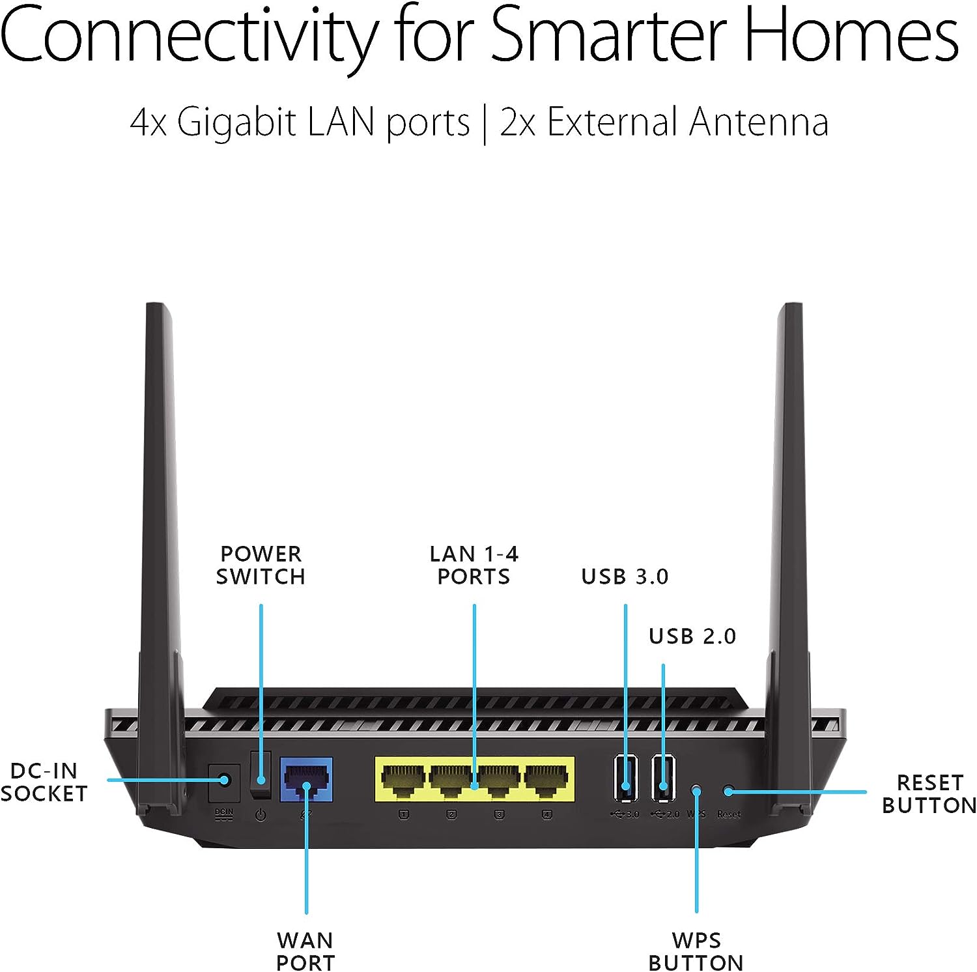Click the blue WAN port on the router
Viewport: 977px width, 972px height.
point(306,780)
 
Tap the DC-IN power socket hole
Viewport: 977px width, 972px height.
point(224,780)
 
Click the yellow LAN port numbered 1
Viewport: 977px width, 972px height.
point(403,779)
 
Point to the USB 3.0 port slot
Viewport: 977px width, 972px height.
point(625,777)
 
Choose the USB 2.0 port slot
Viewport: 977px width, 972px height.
point(663,777)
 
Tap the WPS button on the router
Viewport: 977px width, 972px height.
point(696,791)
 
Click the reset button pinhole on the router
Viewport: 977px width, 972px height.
point(728,791)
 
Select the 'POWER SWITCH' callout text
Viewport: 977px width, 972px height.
point(261,565)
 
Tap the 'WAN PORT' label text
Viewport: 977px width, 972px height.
point(305,951)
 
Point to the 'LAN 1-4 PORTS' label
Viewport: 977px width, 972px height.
point(474,565)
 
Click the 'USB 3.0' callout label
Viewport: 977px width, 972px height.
point(625,577)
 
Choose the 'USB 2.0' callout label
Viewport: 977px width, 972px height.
point(692,636)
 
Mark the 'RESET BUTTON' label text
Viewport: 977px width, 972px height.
point(929,794)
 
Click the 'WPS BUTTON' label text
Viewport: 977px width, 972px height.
point(696,951)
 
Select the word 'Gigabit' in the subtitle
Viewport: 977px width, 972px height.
point(236,122)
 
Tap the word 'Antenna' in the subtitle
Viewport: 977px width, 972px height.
point(759,122)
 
